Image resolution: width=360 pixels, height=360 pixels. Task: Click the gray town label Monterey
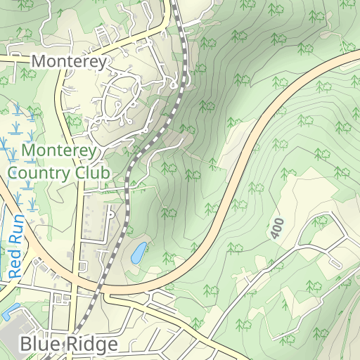click(70, 62)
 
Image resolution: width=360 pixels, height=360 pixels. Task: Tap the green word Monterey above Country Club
click(62, 150)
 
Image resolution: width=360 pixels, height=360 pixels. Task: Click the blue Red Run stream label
click(17, 245)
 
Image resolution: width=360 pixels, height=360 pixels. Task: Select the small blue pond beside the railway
click(139, 252)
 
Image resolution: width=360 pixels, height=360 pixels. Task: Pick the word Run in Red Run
click(17, 229)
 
